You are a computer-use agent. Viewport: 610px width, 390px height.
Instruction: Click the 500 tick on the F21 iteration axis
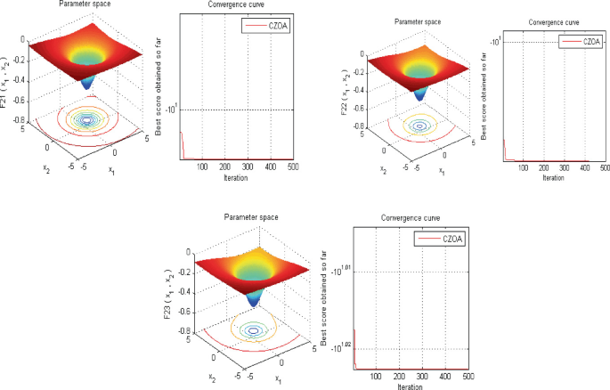pos(292,167)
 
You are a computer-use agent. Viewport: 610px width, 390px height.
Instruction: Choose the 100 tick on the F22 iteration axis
pos(523,167)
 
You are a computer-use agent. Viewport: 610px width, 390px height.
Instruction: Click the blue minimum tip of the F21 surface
pos(86,85)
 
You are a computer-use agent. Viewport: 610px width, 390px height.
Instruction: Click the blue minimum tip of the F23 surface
pos(253,303)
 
